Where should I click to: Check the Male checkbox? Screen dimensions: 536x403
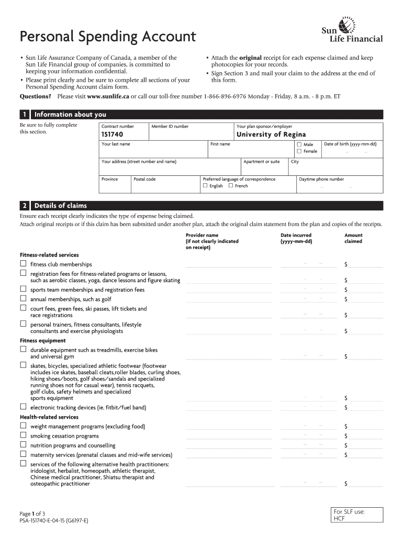tap(299, 144)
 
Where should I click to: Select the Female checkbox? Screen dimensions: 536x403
tap(299, 151)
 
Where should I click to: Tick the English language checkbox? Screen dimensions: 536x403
tap(205, 186)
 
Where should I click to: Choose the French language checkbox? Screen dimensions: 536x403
tap(231, 186)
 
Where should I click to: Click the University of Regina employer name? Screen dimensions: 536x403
tap(271, 135)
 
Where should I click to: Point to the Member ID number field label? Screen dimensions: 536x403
tap(170, 126)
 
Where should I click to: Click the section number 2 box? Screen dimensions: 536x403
tap(24, 206)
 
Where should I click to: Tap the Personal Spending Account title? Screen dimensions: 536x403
tap(108, 37)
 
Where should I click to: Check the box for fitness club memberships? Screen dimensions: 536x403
tap(23, 263)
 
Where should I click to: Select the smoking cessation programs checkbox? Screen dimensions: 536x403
tap(23, 435)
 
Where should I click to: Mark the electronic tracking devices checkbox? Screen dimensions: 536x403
tap(23, 406)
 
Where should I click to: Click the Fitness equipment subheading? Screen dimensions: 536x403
tap(43, 341)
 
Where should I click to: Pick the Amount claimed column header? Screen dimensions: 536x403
tap(353, 238)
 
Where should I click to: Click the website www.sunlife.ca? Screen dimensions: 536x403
tap(108, 97)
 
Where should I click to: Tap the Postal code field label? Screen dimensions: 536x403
tap(144, 179)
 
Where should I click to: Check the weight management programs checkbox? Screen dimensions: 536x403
tap(23, 426)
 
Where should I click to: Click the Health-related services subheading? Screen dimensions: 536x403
tap(49, 417)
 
